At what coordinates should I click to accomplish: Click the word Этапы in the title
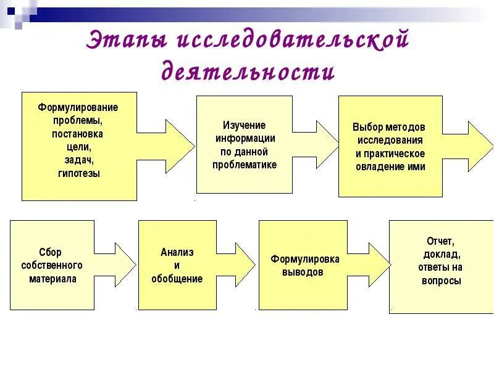click(126, 42)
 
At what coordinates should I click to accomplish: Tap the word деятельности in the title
click(248, 72)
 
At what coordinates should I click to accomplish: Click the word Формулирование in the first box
click(78, 107)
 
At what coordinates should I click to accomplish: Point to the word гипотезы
click(78, 174)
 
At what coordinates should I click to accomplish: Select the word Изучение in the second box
click(245, 125)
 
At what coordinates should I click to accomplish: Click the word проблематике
click(245, 165)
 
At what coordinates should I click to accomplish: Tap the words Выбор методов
click(389, 127)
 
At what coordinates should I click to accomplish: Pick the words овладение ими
click(390, 166)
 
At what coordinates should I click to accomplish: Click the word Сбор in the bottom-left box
click(51, 252)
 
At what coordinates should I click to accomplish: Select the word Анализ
click(177, 252)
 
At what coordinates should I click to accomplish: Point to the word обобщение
click(177, 279)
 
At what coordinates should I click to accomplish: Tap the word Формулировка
click(304, 259)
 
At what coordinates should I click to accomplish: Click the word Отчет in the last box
click(440, 241)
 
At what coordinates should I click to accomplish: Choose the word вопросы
click(441, 281)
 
